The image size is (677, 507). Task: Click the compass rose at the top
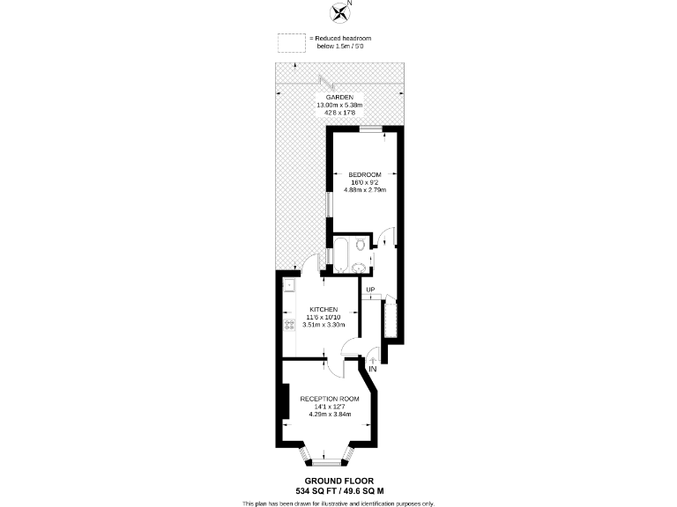[x=338, y=12]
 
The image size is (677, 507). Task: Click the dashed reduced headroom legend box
[x=290, y=42]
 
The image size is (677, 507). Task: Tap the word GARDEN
[x=339, y=97]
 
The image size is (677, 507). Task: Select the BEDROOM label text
[x=364, y=174]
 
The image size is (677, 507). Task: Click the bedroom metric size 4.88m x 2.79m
[x=364, y=189]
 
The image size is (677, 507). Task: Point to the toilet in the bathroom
[x=361, y=243]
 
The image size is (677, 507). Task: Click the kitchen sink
[x=288, y=285]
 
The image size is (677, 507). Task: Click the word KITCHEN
[x=323, y=309]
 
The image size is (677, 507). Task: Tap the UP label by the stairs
[x=370, y=290]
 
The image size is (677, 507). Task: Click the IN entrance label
[x=372, y=369]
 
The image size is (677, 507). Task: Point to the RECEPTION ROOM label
[x=330, y=399]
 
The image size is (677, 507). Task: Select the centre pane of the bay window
[x=328, y=460]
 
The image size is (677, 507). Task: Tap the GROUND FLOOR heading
[x=338, y=481]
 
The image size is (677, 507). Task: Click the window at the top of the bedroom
[x=371, y=129]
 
